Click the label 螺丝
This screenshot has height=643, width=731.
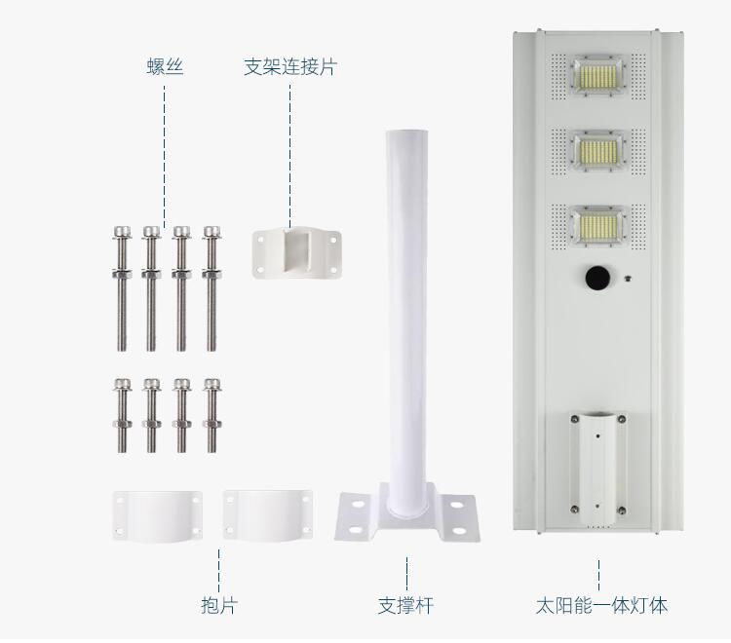pyautogui.click(x=165, y=66)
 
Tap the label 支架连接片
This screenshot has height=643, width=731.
pyautogui.click(x=290, y=66)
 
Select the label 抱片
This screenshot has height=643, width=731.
pyautogui.click(x=219, y=605)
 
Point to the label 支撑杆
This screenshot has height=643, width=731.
pyautogui.click(x=405, y=605)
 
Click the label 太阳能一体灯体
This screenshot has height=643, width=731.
pyautogui.click(x=601, y=605)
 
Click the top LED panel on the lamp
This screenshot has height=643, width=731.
pyautogui.click(x=598, y=75)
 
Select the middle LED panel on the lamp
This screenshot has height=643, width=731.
pyautogui.click(x=598, y=150)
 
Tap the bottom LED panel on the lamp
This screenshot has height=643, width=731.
pyautogui.click(x=598, y=225)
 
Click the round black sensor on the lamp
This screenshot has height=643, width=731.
pyautogui.click(x=597, y=279)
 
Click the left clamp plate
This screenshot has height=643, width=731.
pyautogui.click(x=158, y=516)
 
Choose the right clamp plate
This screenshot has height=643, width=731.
pyautogui.click(x=268, y=515)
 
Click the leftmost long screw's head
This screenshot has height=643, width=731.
pyautogui.click(x=122, y=232)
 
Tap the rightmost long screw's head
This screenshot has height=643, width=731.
pyautogui.click(x=212, y=232)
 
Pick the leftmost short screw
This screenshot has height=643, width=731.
pyautogui.click(x=122, y=415)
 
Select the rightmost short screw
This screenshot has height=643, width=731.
pyautogui.click(x=212, y=415)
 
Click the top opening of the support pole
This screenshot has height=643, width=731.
pyautogui.click(x=406, y=133)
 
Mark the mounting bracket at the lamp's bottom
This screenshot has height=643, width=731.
pyautogui.click(x=597, y=464)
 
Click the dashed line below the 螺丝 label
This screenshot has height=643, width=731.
pyautogui.click(x=164, y=155)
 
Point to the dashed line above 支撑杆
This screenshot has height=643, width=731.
pyautogui.click(x=406, y=573)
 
